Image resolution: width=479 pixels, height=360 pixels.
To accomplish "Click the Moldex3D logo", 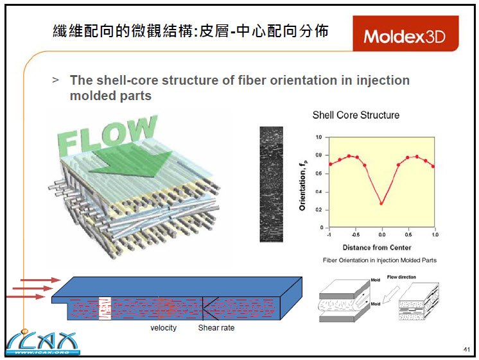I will (405, 36).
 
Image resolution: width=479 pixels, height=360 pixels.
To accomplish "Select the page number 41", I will (466, 349).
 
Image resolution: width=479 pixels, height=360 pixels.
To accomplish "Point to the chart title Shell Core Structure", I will (356, 116).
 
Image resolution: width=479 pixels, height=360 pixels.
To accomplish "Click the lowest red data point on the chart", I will (382, 203).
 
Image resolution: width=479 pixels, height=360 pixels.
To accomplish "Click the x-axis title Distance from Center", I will (377, 247).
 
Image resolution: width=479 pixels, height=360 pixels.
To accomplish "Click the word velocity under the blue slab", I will (163, 329).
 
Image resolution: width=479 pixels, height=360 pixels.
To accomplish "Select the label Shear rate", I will (216, 329).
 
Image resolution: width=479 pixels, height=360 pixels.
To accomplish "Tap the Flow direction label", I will (401, 277).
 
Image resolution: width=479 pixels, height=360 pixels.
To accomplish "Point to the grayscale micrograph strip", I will (271, 184).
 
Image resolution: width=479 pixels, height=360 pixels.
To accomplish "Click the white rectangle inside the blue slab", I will (105, 307).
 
